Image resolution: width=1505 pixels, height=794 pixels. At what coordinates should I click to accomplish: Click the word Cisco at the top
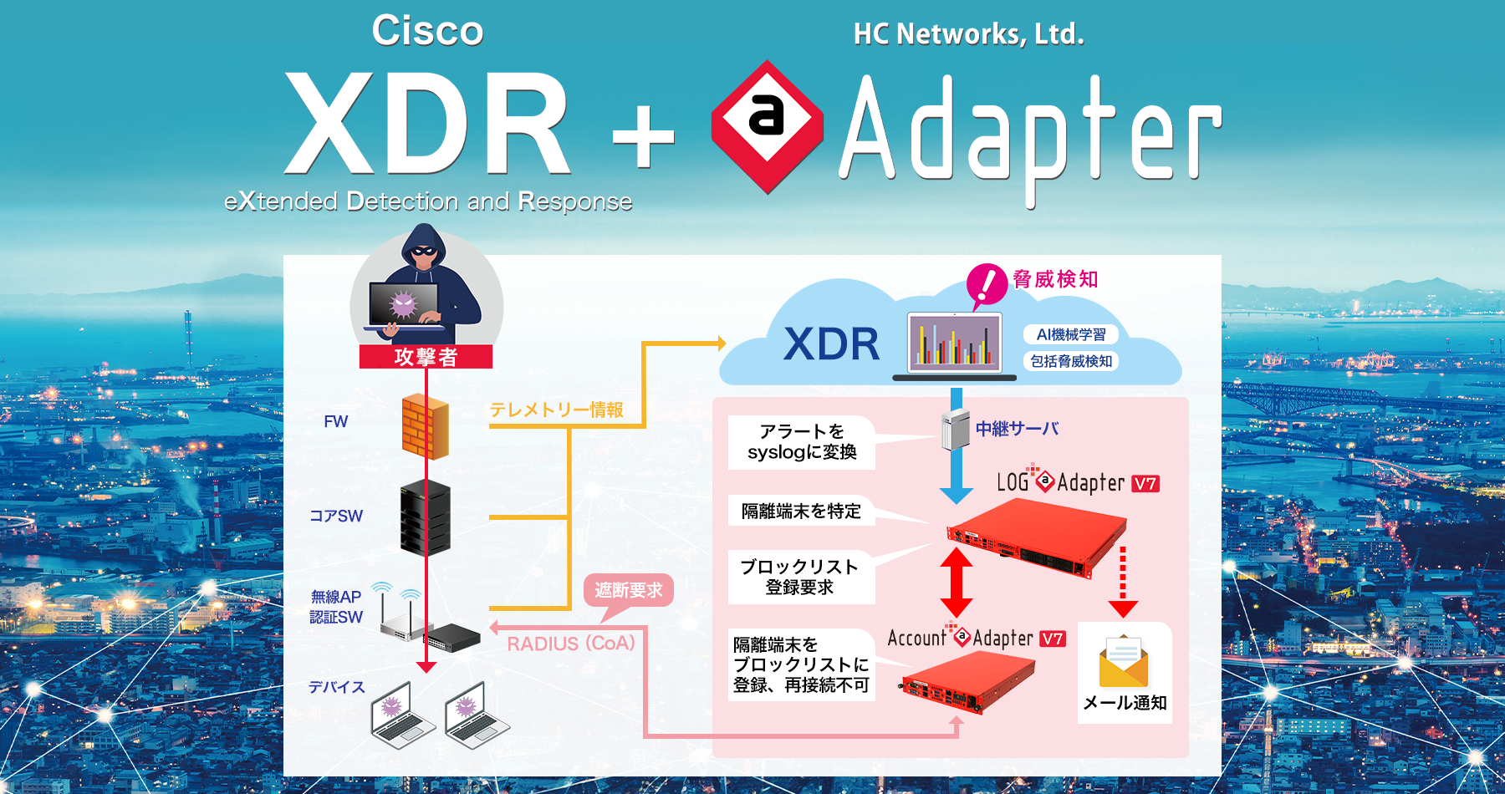click(427, 32)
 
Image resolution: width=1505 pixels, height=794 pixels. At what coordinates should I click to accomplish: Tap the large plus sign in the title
click(642, 136)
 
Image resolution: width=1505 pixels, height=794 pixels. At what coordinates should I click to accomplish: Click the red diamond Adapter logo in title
click(767, 125)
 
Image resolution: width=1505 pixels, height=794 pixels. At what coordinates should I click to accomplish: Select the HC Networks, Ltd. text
click(968, 34)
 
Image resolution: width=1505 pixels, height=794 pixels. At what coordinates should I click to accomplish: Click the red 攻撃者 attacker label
click(426, 357)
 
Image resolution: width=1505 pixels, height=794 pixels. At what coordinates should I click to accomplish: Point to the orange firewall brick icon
click(425, 426)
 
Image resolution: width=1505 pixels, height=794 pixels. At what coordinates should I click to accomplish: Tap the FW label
click(335, 422)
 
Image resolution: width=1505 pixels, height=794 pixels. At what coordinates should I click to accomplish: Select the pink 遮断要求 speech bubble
click(628, 591)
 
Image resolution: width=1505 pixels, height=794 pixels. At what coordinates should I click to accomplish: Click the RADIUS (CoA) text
click(571, 644)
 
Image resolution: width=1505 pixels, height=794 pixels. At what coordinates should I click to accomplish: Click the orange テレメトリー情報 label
click(556, 410)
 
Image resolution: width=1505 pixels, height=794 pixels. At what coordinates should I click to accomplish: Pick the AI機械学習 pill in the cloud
click(1070, 334)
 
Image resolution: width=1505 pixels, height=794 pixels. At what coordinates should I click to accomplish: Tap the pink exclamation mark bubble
click(987, 284)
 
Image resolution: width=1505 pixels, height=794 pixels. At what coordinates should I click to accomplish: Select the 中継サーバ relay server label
click(1017, 429)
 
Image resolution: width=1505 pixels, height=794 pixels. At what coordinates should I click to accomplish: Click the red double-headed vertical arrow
click(956, 583)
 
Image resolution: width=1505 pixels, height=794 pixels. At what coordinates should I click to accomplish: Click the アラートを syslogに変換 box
click(801, 442)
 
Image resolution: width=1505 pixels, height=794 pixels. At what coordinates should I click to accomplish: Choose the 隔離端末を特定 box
click(801, 512)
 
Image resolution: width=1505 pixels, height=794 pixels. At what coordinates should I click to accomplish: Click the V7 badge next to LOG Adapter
click(1145, 484)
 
